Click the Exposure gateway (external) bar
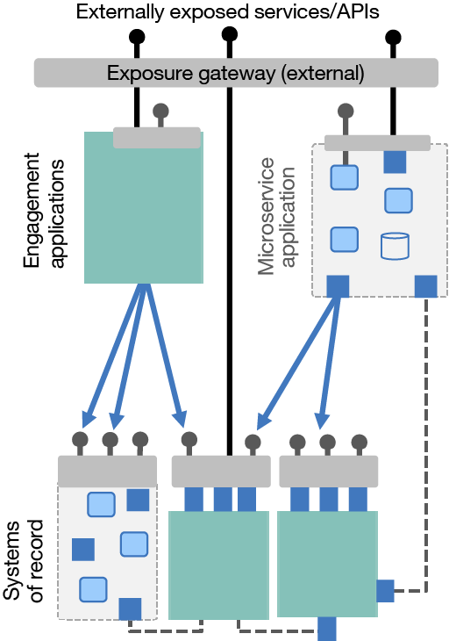(236, 73)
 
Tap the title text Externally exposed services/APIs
(227, 11)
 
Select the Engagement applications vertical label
(44, 210)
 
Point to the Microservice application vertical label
(276, 216)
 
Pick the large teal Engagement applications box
(144, 207)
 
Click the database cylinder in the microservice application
(395, 246)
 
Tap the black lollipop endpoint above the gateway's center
(230, 34)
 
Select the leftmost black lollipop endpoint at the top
(137, 37)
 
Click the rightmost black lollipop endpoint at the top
(393, 38)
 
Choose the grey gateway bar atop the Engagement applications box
(157, 138)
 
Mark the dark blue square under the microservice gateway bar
(395, 162)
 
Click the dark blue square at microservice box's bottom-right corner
(425, 286)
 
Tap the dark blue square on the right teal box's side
(385, 591)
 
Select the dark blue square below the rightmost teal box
(326, 629)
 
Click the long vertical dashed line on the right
(426, 444)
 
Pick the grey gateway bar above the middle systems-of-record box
(221, 472)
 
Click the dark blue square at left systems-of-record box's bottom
(130, 609)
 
